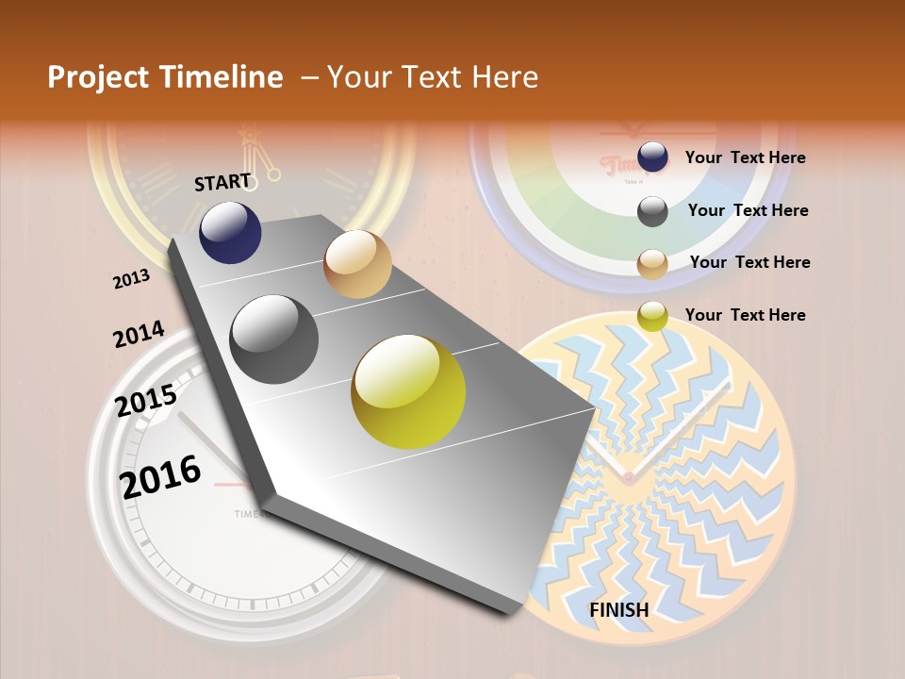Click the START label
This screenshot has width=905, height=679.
point(222,182)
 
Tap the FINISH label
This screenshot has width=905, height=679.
point(619,610)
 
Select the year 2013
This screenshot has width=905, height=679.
point(131,279)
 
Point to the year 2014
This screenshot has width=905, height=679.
point(139,335)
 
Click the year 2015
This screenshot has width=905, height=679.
point(146,402)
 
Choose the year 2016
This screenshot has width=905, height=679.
point(161,477)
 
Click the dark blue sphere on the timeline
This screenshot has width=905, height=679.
point(230,233)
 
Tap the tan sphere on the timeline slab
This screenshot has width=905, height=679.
point(357,264)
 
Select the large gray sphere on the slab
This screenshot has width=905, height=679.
point(274,339)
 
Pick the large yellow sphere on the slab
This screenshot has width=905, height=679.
point(408,391)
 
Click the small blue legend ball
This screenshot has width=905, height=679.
point(652,157)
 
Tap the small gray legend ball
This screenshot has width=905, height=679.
point(652,211)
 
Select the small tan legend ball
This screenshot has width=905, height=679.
point(652,264)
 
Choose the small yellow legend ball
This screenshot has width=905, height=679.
point(652,316)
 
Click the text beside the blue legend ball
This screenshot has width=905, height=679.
point(745,157)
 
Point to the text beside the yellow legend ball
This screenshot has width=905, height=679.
point(745,315)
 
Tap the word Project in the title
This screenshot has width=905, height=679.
point(98,77)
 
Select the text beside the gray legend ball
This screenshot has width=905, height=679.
point(748,210)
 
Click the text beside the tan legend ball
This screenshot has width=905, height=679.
point(749,262)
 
